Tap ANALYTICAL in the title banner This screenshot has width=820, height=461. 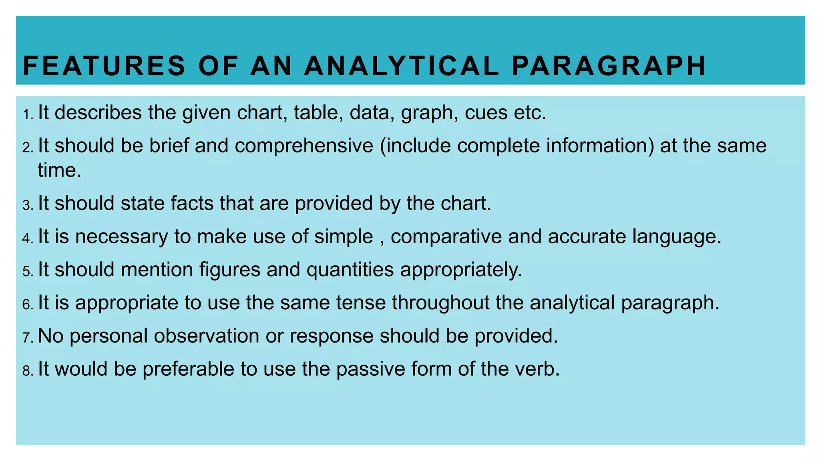[402, 66]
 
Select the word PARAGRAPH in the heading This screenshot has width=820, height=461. [609, 66]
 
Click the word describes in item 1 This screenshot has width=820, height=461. [98, 112]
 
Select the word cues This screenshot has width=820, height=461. [486, 112]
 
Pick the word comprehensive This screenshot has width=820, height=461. [304, 146]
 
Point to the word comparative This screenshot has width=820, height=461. [446, 237]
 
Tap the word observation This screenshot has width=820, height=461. [207, 336]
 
